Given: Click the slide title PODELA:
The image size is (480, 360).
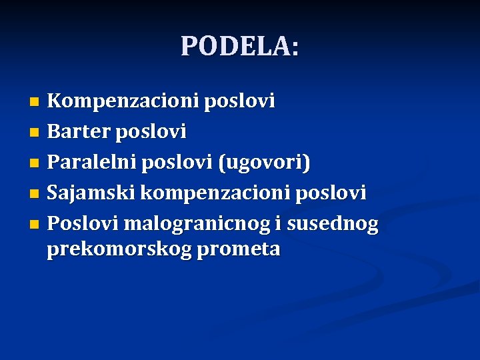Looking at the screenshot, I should pos(240,46).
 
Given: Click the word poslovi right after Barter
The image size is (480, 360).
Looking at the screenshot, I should pos(151,132).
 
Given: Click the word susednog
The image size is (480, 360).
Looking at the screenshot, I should pos(333,224).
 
